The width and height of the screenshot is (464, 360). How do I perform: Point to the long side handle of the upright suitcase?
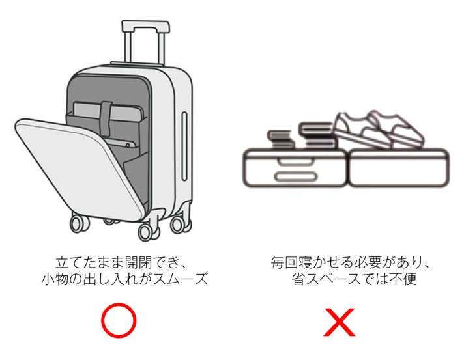pos(184,141)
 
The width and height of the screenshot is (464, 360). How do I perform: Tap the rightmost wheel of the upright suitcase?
pos(177,225)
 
